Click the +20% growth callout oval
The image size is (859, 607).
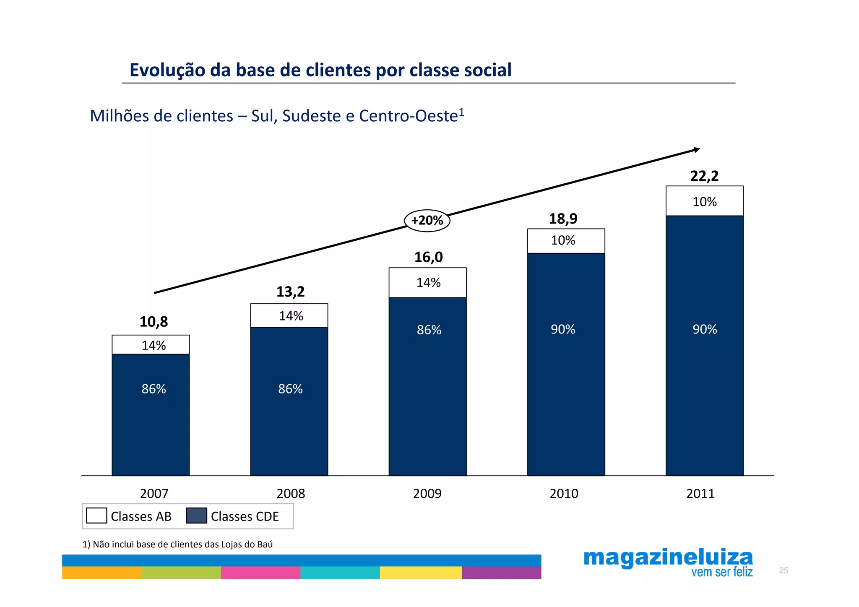pyautogui.click(x=427, y=221)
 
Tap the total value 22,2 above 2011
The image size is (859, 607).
pyautogui.click(x=704, y=176)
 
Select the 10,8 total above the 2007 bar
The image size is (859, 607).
pyautogui.click(x=154, y=322)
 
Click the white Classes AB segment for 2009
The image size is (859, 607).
pyautogui.click(x=427, y=282)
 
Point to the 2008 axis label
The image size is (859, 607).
pyautogui.click(x=291, y=493)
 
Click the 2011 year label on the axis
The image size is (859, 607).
pyautogui.click(x=700, y=493)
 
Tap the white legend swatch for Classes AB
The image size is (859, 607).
pyautogui.click(x=96, y=516)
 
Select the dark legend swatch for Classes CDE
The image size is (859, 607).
pyautogui.click(x=196, y=516)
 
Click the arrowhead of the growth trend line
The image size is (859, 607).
pyautogui.click(x=697, y=150)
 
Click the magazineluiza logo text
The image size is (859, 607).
pyautogui.click(x=668, y=558)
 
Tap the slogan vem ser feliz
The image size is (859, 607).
pyautogui.click(x=722, y=572)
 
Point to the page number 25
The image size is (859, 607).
pyautogui.click(x=783, y=571)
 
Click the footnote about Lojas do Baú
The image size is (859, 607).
pyautogui.click(x=177, y=544)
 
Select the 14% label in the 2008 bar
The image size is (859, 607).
pyautogui.click(x=291, y=316)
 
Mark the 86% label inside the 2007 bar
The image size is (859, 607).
pyautogui.click(x=154, y=389)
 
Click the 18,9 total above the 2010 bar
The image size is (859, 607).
pyautogui.click(x=563, y=219)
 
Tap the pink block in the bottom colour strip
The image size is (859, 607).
pyautogui.click(x=260, y=573)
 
